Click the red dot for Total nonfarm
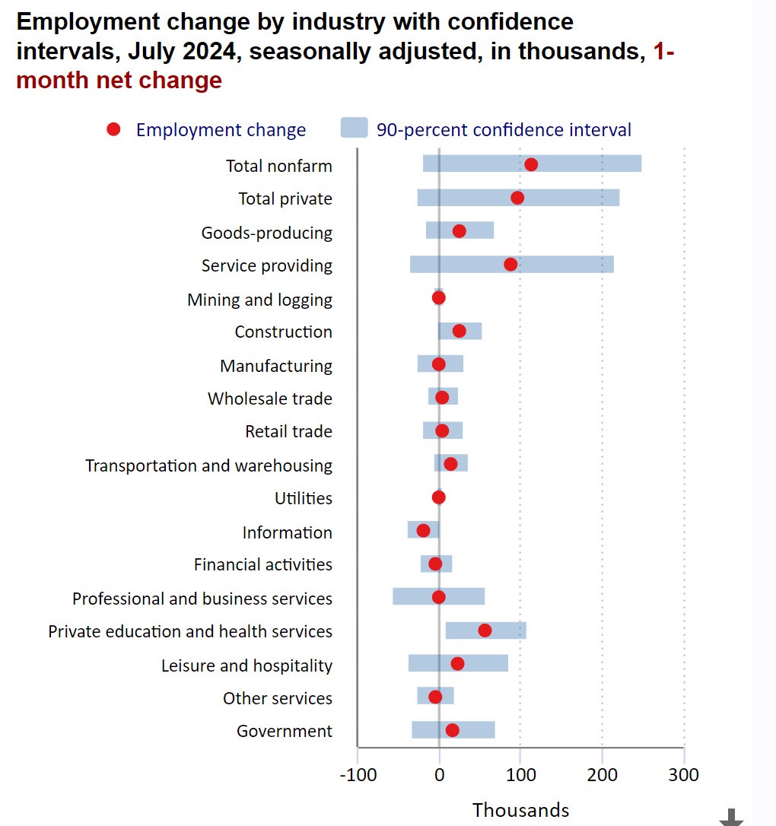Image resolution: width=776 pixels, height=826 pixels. pyautogui.click(x=531, y=165)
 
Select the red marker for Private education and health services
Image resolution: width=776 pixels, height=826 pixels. pyautogui.click(x=485, y=631)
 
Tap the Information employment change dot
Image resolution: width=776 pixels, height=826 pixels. pyautogui.click(x=423, y=530)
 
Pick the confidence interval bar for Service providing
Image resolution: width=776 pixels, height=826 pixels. pyautogui.click(x=563, y=265)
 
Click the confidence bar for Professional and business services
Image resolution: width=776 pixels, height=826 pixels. pyautogui.click(x=464, y=596)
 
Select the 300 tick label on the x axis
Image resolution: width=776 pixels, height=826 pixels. pyautogui.click(x=684, y=776)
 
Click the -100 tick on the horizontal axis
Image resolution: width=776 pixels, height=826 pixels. pyautogui.click(x=357, y=776)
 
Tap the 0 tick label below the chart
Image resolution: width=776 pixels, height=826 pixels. pyautogui.click(x=439, y=776)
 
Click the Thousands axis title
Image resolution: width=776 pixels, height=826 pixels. pyautogui.click(x=520, y=810)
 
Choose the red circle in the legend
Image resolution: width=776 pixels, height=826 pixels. pyautogui.click(x=113, y=130)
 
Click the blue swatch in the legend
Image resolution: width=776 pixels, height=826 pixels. pyautogui.click(x=354, y=129)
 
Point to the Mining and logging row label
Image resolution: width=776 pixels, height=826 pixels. pyautogui.click(x=259, y=300)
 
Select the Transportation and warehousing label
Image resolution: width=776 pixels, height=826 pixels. pyautogui.click(x=208, y=465)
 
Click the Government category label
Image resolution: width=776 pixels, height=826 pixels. pyautogui.click(x=284, y=732)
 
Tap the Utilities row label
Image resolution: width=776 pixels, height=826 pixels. pyautogui.click(x=303, y=499)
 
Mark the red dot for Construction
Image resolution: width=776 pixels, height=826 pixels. pyautogui.click(x=459, y=331)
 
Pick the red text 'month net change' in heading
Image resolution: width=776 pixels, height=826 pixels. pyautogui.click(x=119, y=81)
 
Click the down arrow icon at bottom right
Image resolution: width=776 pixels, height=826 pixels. pyautogui.click(x=731, y=817)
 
